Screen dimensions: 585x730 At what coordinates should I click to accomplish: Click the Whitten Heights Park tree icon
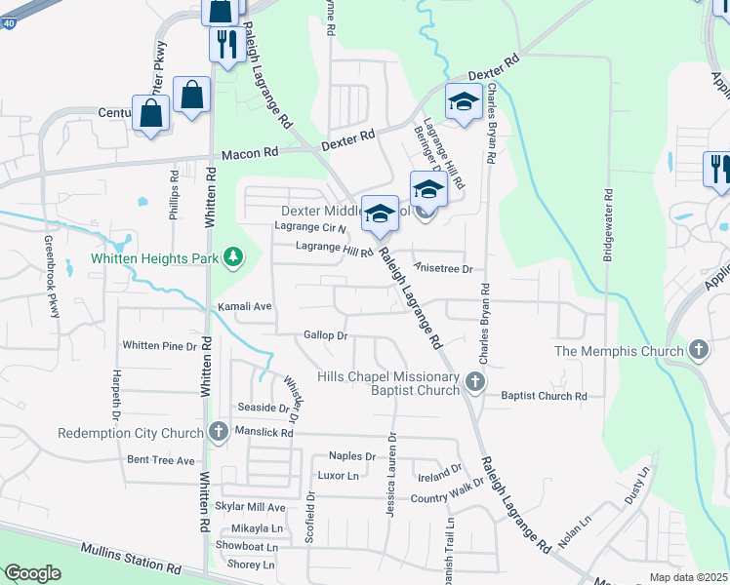(232, 257)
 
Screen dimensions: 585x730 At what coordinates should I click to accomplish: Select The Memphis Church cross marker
(698, 349)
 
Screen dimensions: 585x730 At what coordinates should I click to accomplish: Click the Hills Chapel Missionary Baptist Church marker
(474, 381)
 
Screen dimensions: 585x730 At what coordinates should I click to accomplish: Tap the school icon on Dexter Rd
(463, 101)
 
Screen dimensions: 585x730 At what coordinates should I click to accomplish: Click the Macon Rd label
(250, 153)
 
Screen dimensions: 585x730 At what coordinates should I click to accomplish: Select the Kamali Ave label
(243, 306)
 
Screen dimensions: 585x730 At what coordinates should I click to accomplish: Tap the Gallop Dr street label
(326, 335)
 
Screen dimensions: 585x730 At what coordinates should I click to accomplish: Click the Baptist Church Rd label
(544, 397)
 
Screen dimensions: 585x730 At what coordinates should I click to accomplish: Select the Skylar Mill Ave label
(250, 508)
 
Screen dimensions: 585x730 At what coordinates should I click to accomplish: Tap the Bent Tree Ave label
(161, 459)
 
